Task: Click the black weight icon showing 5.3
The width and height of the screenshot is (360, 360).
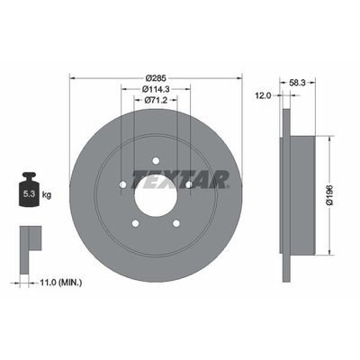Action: [x=29, y=190]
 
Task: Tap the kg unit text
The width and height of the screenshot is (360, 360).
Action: [x=49, y=193]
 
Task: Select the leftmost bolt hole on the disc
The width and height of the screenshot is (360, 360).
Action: [x=121, y=185]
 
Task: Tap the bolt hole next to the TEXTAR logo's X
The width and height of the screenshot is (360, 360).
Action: [x=190, y=185]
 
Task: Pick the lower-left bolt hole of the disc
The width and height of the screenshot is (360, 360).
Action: [x=134, y=224]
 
